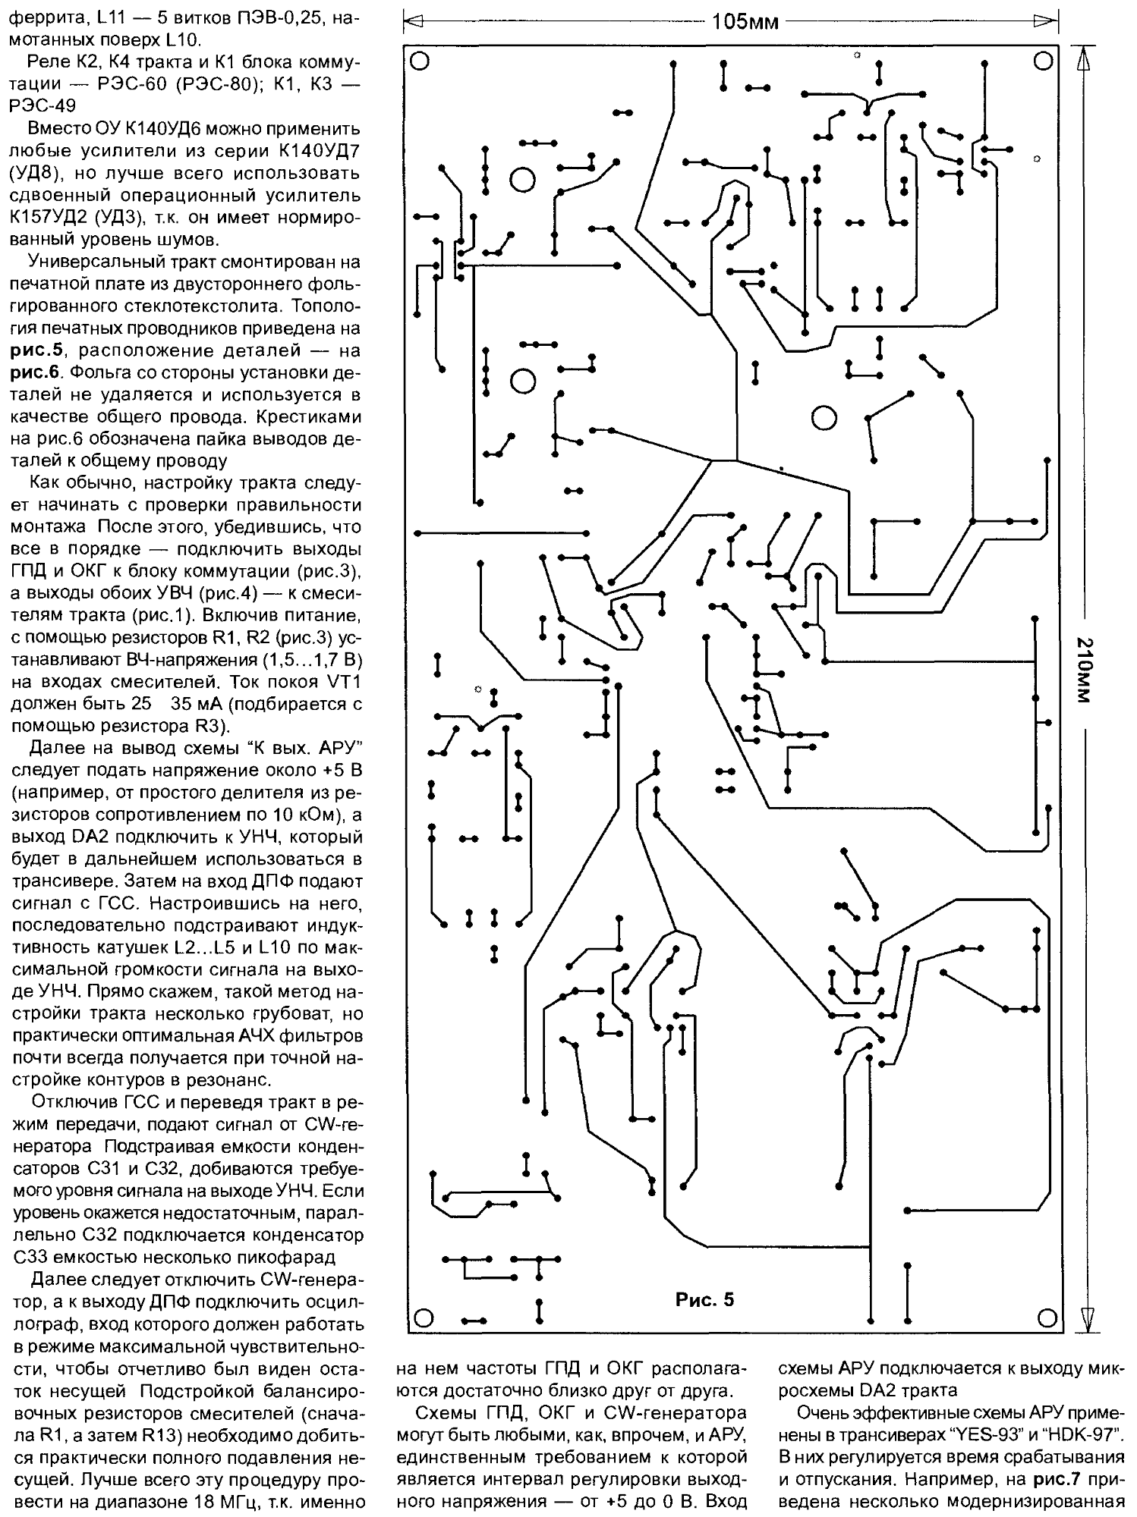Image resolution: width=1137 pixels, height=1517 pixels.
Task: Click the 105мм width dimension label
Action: [x=745, y=22]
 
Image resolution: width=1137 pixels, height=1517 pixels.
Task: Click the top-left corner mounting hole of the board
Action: [x=420, y=60]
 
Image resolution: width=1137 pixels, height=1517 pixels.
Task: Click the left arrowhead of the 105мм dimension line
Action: [x=414, y=22]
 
